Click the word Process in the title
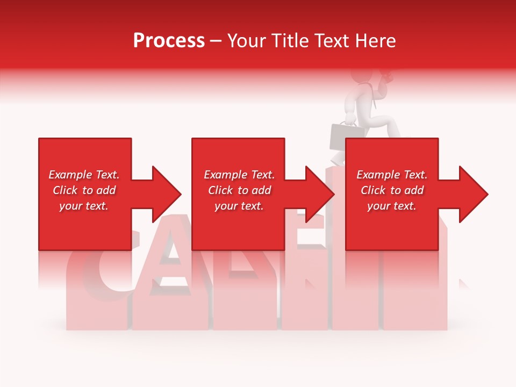coord(169,41)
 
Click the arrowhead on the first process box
coord(163,194)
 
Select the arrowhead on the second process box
coord(317,194)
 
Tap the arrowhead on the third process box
coord(470,194)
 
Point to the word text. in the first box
coord(96,206)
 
